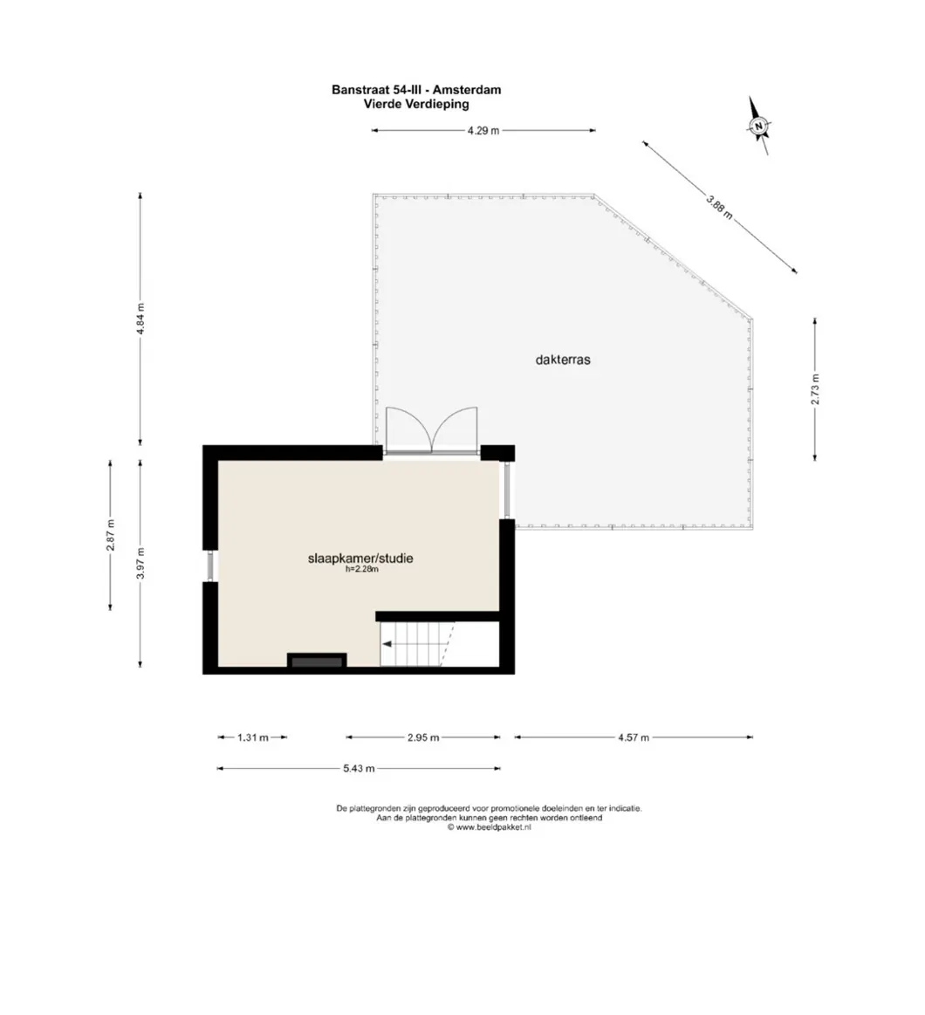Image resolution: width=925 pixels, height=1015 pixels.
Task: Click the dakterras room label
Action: (x=563, y=360)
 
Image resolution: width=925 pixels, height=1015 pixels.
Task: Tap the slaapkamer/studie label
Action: (x=360, y=558)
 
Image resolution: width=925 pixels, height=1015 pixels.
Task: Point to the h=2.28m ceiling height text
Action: (x=362, y=570)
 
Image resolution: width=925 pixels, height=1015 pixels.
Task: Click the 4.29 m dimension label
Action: (x=483, y=131)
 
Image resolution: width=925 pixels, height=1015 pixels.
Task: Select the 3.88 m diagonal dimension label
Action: (x=719, y=208)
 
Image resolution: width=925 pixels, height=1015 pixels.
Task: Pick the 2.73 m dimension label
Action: (x=815, y=389)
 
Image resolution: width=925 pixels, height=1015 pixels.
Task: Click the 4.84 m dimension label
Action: (x=140, y=319)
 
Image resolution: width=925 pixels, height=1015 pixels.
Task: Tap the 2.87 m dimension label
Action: (x=110, y=535)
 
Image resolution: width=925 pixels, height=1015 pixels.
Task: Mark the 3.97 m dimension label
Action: (x=140, y=563)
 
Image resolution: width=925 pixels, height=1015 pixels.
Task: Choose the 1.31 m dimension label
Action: (x=252, y=737)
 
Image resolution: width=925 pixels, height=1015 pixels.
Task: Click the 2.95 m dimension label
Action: (x=423, y=737)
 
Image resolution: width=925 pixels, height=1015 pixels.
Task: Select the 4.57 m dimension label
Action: (x=634, y=737)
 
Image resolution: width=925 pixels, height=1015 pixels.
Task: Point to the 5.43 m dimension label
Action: (x=359, y=769)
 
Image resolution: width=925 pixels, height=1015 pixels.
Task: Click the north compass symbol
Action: (x=758, y=127)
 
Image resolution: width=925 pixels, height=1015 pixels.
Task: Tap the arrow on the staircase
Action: (x=389, y=644)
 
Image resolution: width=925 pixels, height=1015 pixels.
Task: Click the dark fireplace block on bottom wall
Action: (x=317, y=661)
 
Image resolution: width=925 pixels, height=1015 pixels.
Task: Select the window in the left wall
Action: (x=210, y=566)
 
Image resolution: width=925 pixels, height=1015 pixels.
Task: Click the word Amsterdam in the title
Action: (x=467, y=90)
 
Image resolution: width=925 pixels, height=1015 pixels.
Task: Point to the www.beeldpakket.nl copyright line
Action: (x=490, y=827)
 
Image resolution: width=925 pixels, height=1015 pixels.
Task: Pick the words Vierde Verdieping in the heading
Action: (x=416, y=104)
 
